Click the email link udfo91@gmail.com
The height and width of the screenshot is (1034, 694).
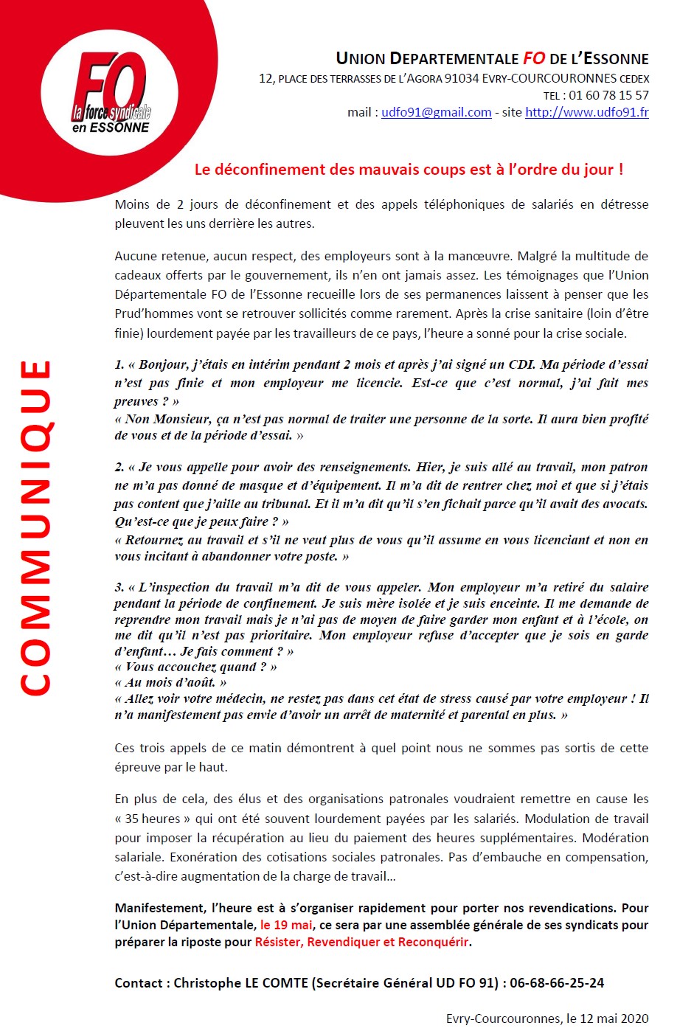click(436, 113)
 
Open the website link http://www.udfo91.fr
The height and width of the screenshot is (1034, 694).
click(586, 113)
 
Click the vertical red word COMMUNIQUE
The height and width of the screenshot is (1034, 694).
click(35, 527)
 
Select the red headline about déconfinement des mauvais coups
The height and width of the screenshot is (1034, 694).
click(409, 170)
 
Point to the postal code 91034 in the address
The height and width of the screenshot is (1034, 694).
click(461, 78)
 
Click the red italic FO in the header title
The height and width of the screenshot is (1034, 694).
click(534, 59)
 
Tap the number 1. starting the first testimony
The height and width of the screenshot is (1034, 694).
click(119, 364)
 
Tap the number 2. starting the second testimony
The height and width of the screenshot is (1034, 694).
click(119, 468)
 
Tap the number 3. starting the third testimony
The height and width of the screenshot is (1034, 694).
click(119, 588)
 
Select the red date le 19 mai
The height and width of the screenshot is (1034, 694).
click(286, 925)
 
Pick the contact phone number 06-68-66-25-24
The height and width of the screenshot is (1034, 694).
click(557, 983)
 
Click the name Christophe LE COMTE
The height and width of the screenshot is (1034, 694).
click(240, 983)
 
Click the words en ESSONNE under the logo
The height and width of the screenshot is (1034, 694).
click(111, 128)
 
